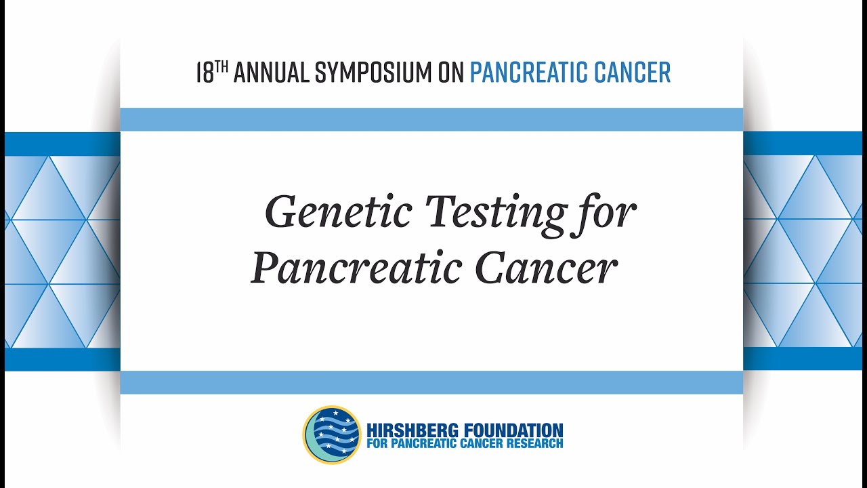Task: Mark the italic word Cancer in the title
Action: (546, 268)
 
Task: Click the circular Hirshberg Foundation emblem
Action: (332, 435)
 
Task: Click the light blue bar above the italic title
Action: (431, 119)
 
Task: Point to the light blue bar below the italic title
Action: (431, 382)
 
